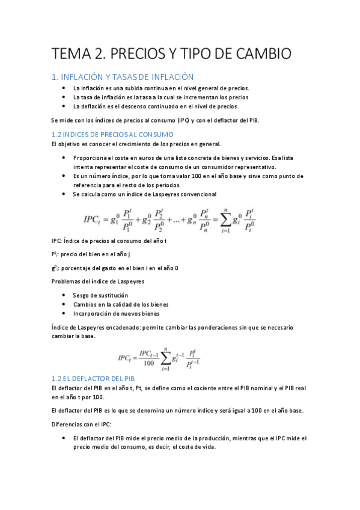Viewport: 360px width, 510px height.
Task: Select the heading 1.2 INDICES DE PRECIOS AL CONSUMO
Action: pyautogui.click(x=113, y=134)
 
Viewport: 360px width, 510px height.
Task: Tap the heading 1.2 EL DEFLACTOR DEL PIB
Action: pyautogui.click(x=93, y=378)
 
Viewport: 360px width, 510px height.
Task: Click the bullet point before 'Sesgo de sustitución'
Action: pyautogui.click(x=64, y=295)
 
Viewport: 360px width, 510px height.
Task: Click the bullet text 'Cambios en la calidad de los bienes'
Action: pyautogui.click(x=121, y=304)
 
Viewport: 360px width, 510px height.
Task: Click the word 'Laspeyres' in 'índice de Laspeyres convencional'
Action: pyautogui.click(x=171, y=194)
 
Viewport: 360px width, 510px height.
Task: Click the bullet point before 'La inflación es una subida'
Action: pyautogui.click(x=64, y=88)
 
